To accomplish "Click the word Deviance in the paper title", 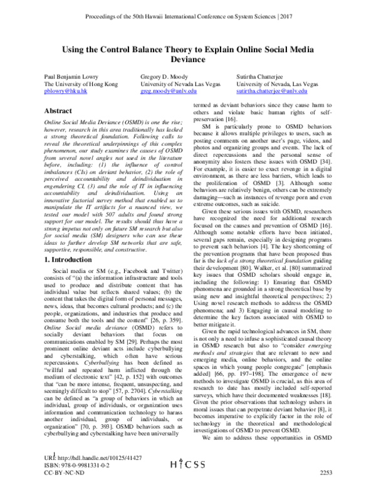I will coord(187,61).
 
